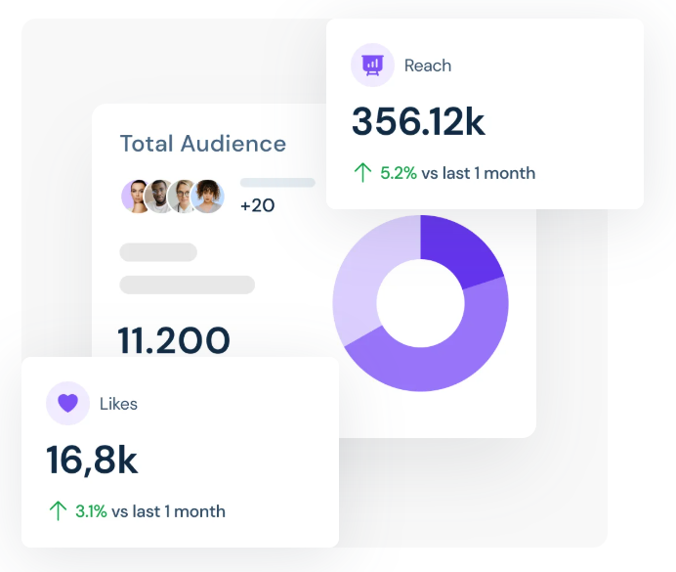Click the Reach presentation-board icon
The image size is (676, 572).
point(372,66)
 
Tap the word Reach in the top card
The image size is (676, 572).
point(428,66)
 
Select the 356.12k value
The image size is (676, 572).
point(418,122)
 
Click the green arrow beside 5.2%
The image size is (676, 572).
point(362,173)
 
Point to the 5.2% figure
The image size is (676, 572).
point(399,173)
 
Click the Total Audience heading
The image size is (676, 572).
point(203,144)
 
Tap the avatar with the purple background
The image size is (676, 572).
point(136,197)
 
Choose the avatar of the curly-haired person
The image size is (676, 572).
point(208,197)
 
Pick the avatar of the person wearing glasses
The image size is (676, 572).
point(183,197)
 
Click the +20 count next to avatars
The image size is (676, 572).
point(257,205)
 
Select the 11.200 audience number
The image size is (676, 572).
point(174,340)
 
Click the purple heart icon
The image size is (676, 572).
point(67,403)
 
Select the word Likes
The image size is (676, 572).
point(118,403)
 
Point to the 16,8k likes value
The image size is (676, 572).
point(92,461)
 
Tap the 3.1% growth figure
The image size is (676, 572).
point(92,511)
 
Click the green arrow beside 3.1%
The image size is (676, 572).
point(58,511)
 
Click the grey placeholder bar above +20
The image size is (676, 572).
point(277,183)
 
